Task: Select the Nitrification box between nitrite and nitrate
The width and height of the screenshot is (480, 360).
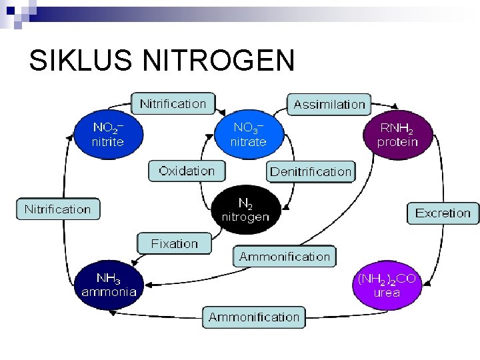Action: (x=173, y=103)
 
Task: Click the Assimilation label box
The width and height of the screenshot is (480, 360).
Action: (x=329, y=104)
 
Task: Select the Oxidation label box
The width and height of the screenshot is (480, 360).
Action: (x=187, y=171)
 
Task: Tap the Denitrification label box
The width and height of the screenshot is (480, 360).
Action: (x=310, y=171)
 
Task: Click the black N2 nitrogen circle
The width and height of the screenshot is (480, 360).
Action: (x=245, y=209)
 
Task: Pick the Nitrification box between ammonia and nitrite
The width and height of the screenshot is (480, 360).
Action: (x=57, y=209)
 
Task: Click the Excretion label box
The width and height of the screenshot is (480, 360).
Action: (x=443, y=213)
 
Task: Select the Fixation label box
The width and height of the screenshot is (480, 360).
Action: (x=174, y=243)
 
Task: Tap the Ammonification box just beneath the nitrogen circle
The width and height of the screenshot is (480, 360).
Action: (x=285, y=257)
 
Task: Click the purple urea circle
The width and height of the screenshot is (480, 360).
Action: (x=387, y=285)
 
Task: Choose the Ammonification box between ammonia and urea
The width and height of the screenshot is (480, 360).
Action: (x=254, y=317)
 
